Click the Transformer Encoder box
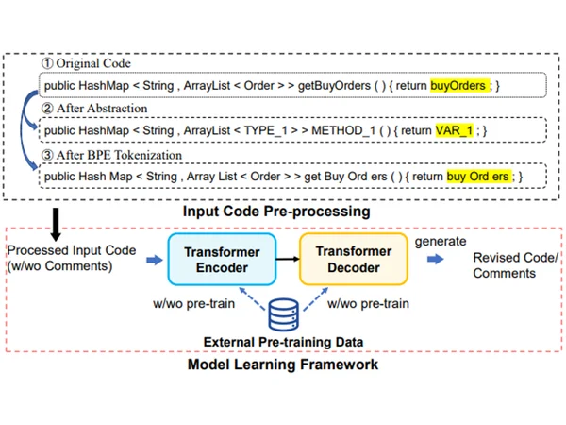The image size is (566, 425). [x=222, y=260]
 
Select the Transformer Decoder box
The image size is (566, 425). [x=354, y=259]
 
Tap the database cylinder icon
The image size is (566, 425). [x=283, y=314]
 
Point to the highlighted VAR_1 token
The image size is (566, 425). [x=454, y=130]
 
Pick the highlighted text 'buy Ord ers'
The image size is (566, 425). [x=479, y=177]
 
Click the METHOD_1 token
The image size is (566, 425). [x=342, y=130]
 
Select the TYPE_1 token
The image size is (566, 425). [x=265, y=130]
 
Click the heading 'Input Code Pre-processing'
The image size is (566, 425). [x=276, y=212]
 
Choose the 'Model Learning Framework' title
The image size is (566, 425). [x=283, y=365]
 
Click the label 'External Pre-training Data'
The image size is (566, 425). [x=283, y=342]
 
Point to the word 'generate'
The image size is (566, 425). [x=441, y=242]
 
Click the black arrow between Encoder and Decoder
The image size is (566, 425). [x=288, y=259]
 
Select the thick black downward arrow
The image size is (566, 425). [x=56, y=224]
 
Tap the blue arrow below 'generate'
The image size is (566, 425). [x=435, y=259]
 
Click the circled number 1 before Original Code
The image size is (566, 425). [x=47, y=63]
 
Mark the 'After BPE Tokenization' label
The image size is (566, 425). [x=119, y=155]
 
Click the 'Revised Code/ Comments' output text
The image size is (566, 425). [x=515, y=265]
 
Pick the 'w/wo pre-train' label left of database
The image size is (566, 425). [x=193, y=303]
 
